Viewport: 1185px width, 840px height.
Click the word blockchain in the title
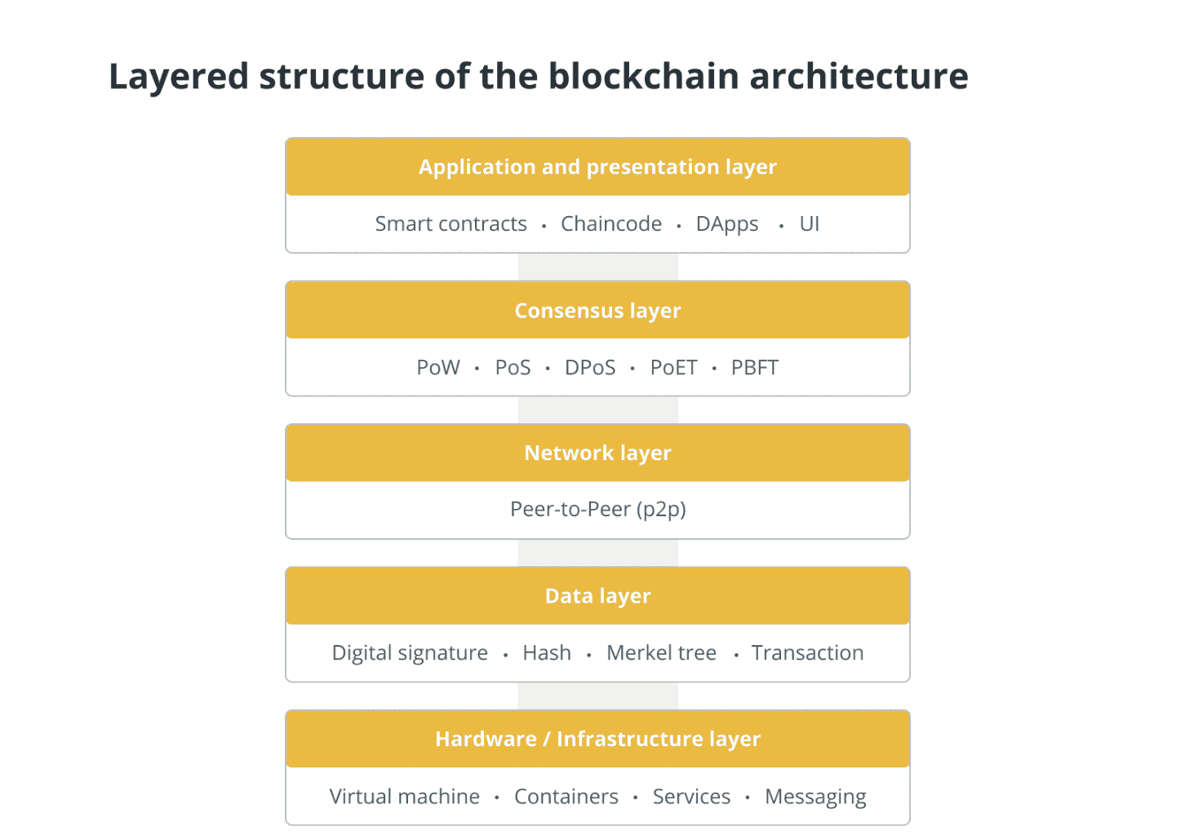tap(643, 76)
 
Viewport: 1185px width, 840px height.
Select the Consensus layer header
tap(597, 310)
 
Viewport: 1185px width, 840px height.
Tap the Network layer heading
tap(597, 453)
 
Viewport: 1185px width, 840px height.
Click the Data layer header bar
tap(597, 596)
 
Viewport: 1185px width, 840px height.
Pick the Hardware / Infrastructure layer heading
tap(597, 739)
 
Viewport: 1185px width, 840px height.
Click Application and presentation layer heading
tap(597, 167)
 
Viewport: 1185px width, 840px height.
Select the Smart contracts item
tap(450, 223)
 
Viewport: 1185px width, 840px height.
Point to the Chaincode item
tap(611, 223)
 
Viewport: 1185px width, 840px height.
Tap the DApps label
tap(727, 224)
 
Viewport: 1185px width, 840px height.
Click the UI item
tap(810, 223)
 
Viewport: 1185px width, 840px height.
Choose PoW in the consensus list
tap(438, 368)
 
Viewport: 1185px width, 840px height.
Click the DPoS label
tap(590, 368)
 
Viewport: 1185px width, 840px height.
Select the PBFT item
tap(754, 368)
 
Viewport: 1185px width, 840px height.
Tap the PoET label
tap(673, 368)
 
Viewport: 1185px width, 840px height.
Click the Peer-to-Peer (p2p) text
tap(597, 510)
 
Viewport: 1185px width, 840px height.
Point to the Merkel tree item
tap(661, 653)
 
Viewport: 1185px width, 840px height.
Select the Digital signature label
tap(410, 653)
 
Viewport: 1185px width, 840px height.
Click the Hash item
tap(547, 653)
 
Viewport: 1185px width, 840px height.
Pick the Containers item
tap(566, 797)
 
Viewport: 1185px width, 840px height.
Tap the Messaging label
tap(815, 797)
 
